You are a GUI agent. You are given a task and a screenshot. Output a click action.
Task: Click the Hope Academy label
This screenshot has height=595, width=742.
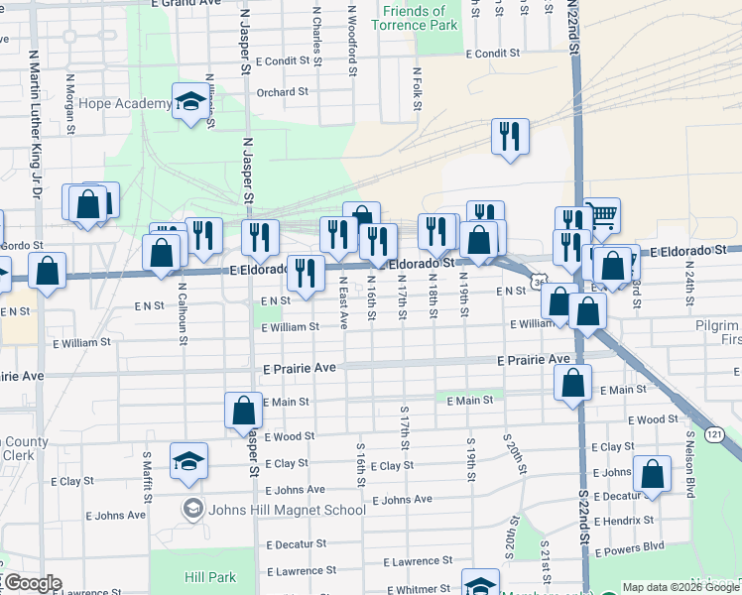[x=125, y=104]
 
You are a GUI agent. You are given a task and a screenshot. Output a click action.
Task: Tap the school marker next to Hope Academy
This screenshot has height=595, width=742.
[x=188, y=101]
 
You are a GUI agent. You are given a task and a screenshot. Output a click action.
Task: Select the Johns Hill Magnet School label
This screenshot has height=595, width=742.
[x=286, y=510]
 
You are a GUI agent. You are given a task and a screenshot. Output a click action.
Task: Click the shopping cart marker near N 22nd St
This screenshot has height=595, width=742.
[x=600, y=215]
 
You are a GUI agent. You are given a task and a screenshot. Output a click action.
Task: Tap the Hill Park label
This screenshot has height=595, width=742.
[x=210, y=577]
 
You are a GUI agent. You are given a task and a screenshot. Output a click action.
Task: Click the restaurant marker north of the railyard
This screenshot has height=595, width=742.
[x=510, y=138]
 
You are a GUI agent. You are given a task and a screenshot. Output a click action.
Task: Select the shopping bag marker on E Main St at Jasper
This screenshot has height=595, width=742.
[x=243, y=411]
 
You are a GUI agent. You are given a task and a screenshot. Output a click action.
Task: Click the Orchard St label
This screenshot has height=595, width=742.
[x=282, y=92]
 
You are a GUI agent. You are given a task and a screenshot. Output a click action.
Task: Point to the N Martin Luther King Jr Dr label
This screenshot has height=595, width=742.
[x=34, y=129]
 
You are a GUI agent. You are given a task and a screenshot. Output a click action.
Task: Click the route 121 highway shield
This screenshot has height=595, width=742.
[x=715, y=434]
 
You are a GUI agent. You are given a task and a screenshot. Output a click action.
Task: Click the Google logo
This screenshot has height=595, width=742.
[x=33, y=583]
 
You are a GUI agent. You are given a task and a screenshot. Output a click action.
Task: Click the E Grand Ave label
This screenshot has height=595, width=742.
[x=185, y=4]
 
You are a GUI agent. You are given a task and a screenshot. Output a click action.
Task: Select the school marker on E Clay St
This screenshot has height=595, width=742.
[x=188, y=460]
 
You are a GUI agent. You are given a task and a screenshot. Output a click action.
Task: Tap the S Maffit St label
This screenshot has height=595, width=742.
[x=146, y=474]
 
